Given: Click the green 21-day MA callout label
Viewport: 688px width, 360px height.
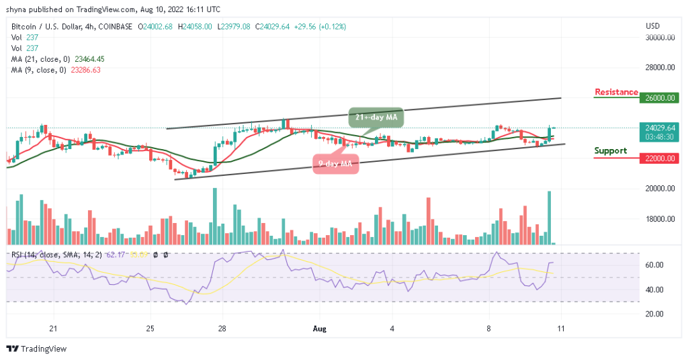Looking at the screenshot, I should [376, 118].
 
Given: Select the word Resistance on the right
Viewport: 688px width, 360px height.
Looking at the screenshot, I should [616, 92].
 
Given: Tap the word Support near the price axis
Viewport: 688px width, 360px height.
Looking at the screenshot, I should [610, 150].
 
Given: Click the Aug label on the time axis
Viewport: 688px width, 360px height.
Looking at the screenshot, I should [320, 328].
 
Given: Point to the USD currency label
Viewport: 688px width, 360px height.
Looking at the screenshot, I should [652, 26].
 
